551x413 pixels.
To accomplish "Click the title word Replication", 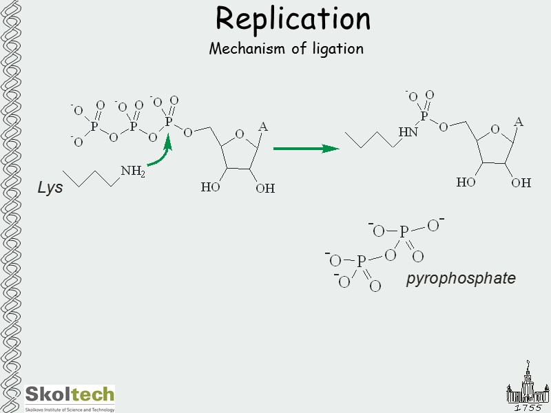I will (x=293, y=19).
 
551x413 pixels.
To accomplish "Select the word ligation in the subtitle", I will (x=335, y=50).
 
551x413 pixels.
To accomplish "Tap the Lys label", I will (x=50, y=187).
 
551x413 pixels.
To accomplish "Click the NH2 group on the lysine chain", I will (x=132, y=171).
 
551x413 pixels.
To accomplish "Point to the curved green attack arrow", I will (x=161, y=156).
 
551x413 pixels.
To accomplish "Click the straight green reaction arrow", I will (x=306, y=148).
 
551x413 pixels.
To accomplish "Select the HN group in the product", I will (x=408, y=131).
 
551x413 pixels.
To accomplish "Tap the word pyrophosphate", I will (x=461, y=278).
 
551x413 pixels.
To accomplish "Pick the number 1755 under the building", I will (x=528, y=407).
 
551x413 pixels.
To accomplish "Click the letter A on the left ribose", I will (x=262, y=127).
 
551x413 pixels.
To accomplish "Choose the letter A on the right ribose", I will (x=519, y=122).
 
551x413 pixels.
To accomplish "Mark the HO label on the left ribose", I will (x=211, y=187).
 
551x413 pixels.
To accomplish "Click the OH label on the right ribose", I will (x=521, y=182).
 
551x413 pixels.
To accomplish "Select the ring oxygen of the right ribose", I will (x=495, y=129).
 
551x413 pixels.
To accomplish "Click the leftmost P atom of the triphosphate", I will (x=94, y=126).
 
